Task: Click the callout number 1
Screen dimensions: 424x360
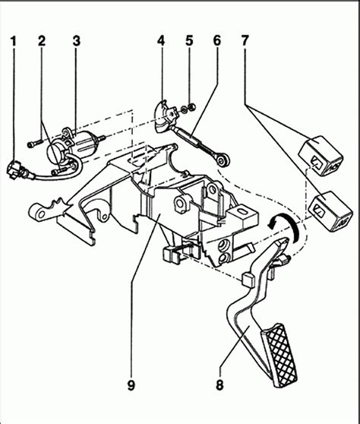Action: pos(13,41)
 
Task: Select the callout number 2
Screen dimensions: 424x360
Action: pos(43,41)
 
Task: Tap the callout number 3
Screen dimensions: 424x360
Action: pos(76,41)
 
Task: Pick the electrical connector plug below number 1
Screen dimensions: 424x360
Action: pos(16,167)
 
